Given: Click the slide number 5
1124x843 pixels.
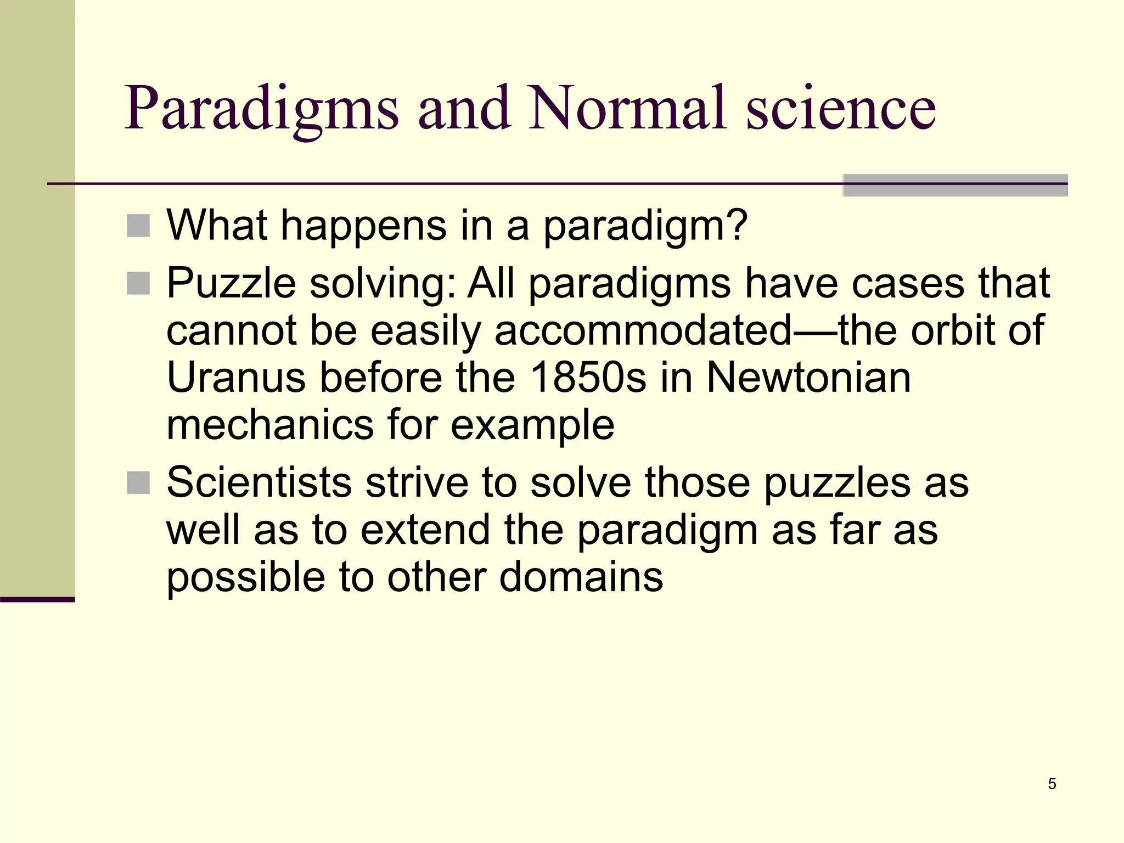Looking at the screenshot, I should pyautogui.click(x=1052, y=784).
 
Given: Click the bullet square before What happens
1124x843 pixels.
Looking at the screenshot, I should pyautogui.click(x=138, y=226).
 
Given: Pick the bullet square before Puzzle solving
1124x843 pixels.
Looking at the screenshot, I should pyautogui.click(x=138, y=284).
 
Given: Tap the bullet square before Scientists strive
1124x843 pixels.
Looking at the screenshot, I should pyautogui.click(x=138, y=483).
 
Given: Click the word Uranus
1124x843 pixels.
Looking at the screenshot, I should pyautogui.click(x=236, y=378).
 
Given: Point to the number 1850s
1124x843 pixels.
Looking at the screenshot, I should pyautogui.click(x=588, y=378).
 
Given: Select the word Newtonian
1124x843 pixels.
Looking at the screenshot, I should pyautogui.click(x=808, y=378).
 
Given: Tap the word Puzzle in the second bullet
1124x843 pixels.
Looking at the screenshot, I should pyautogui.click(x=231, y=284).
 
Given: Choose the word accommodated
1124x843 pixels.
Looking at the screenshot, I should pyautogui.click(x=643, y=330).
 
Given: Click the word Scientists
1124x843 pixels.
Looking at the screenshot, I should pyautogui.click(x=259, y=483).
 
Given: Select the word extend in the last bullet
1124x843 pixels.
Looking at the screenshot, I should pyautogui.click(x=425, y=530).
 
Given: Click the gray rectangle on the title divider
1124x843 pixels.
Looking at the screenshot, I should pyautogui.click(x=955, y=186).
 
